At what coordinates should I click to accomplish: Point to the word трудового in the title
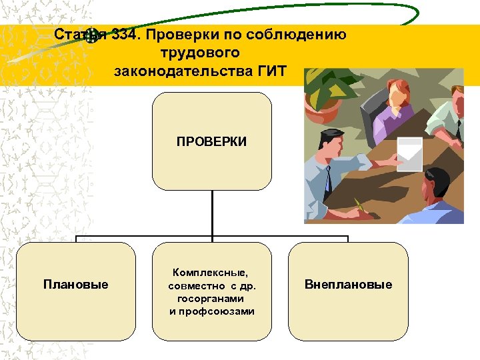(200, 52)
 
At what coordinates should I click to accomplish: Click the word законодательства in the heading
(182, 69)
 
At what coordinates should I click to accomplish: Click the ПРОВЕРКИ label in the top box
(211, 141)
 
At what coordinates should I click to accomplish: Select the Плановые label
(75, 285)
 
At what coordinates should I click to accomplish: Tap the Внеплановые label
(348, 285)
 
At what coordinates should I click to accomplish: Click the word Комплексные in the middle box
(209, 272)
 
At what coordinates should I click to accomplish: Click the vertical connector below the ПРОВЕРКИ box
(212, 213)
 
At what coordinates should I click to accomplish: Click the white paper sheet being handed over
(409, 153)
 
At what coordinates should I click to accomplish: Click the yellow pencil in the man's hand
(361, 205)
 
